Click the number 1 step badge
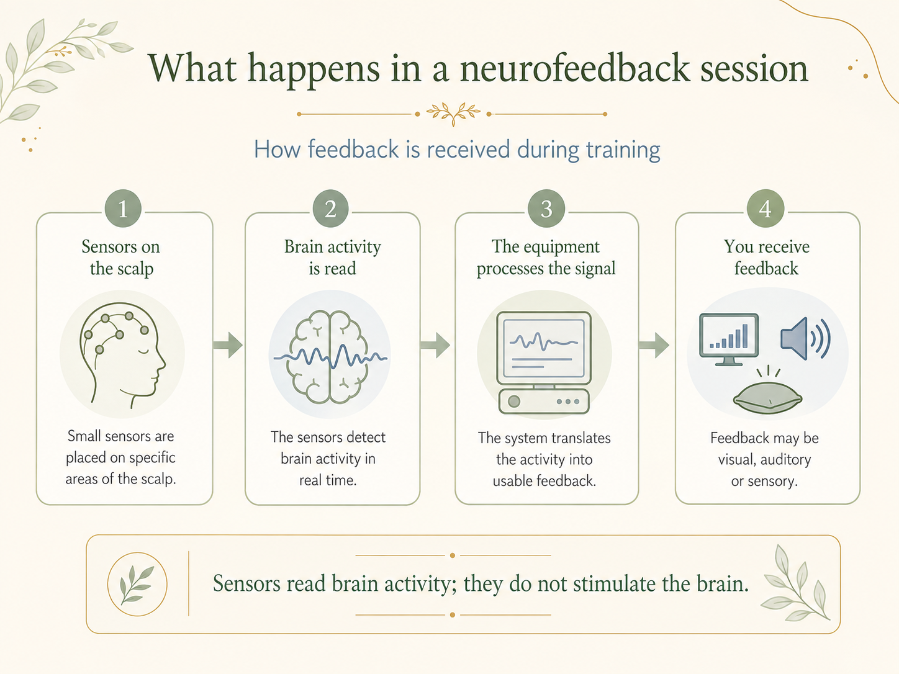pyautogui.click(x=123, y=209)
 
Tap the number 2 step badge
pyautogui.click(x=330, y=209)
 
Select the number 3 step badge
pyautogui.click(x=546, y=209)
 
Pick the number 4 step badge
pyautogui.click(x=766, y=209)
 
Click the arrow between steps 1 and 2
pyautogui.click(x=228, y=345)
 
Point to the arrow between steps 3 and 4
pyautogui.click(x=654, y=345)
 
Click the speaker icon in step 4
pyautogui.click(x=805, y=339)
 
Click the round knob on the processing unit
pyautogui.click(x=514, y=402)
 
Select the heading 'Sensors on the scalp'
pyautogui.click(x=121, y=258)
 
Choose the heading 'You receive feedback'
pyautogui.click(x=766, y=258)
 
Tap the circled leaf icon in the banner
pyautogui.click(x=137, y=584)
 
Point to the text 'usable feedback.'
pyautogui.click(x=544, y=481)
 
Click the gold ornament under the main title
pyautogui.click(x=453, y=114)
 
